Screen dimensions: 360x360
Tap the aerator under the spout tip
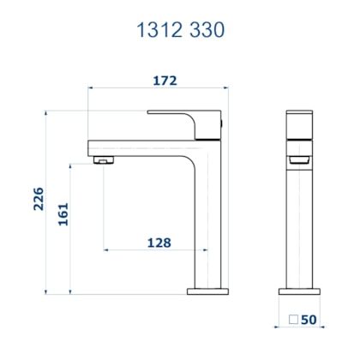point(102,159)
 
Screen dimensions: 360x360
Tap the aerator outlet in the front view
point(297,159)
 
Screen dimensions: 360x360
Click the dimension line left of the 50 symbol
point(284,327)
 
